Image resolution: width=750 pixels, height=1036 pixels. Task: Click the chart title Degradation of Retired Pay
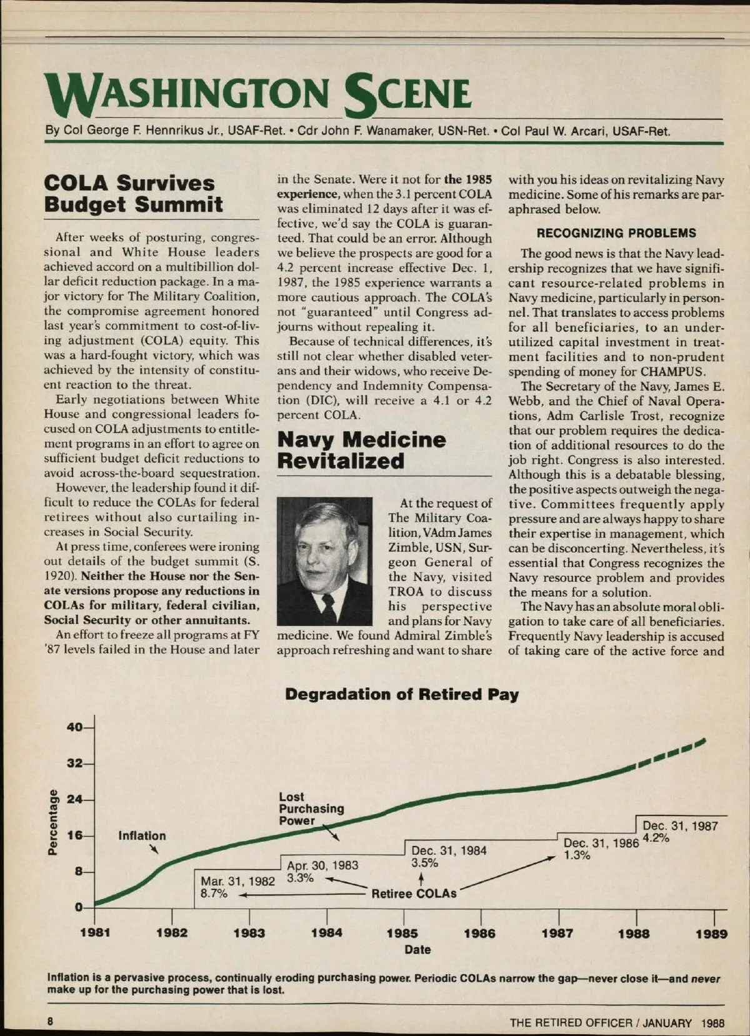pos(401,694)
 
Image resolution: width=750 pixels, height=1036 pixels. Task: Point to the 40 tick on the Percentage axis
pos(74,727)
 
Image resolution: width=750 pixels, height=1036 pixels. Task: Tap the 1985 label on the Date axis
pos(402,934)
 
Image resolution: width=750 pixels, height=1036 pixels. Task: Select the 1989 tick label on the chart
pos(711,934)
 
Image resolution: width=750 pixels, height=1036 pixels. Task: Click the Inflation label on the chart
pos(142,836)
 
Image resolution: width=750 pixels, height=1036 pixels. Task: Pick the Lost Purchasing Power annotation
pos(311,809)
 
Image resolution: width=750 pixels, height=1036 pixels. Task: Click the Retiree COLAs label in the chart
pos(414,894)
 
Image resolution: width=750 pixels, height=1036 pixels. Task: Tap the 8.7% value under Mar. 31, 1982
pos(214,894)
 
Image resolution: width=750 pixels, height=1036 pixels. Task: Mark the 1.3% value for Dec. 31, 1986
pos(577,855)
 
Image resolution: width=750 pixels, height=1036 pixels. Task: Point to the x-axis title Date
pos(417,950)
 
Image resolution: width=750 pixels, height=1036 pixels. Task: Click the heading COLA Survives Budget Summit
pos(133,194)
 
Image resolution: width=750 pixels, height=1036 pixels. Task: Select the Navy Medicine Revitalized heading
pos(361,450)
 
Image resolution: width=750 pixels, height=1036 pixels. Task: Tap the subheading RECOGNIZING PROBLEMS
pos(616,233)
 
